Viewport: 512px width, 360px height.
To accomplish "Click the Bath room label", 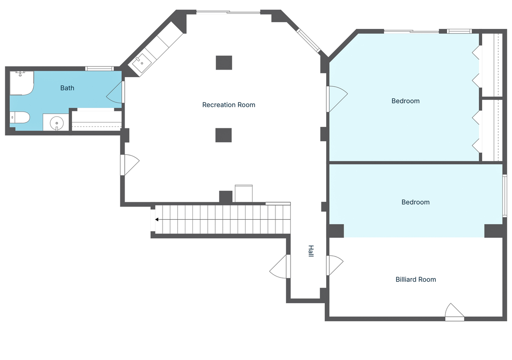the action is [x=67, y=88].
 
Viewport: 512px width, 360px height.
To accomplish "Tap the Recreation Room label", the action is [x=229, y=105].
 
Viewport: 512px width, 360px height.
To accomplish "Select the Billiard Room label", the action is [x=416, y=279].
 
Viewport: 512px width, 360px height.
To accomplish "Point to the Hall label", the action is [x=311, y=251].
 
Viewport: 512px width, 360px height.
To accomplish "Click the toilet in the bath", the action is [x=19, y=117].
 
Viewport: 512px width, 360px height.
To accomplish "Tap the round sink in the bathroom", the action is [x=56, y=123].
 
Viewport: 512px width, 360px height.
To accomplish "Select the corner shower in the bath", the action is [x=21, y=83].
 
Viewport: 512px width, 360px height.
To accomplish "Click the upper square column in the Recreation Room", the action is [x=224, y=63].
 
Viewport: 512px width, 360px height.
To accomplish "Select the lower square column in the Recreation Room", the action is [x=224, y=135].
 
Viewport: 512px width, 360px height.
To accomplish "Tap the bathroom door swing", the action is [x=115, y=92].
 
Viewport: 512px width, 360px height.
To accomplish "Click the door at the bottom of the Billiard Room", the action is [x=454, y=312].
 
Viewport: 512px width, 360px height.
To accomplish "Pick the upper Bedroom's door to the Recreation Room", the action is [x=337, y=99].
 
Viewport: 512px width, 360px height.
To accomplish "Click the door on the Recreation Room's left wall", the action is [x=129, y=165].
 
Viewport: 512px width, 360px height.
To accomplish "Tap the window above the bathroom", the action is [x=100, y=69].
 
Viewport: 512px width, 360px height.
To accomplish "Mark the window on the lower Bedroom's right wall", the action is [x=504, y=196].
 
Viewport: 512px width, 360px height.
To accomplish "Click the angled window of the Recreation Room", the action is [x=308, y=40].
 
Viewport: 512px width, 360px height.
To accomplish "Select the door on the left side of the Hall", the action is [x=280, y=266].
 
